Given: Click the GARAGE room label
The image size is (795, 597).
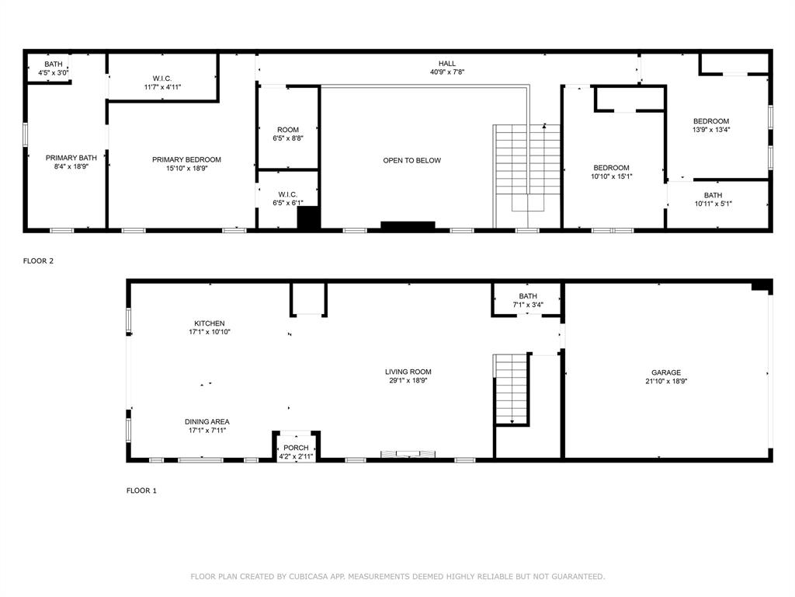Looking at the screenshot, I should pos(665,372).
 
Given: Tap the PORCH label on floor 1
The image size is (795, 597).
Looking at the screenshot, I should pos(296,448).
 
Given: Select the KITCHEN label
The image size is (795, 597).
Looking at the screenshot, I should pos(210,323).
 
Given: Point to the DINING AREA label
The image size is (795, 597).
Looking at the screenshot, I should pos(207,421).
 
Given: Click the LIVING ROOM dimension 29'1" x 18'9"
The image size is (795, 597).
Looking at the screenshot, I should pos(408,381).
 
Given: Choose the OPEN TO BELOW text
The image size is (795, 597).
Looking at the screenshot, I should pos(411,160).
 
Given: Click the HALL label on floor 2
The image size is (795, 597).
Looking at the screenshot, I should pos(447,64).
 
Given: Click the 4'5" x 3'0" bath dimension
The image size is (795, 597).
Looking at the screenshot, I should pos(54,73).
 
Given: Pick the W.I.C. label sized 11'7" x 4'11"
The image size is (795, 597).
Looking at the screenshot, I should pos(162,78).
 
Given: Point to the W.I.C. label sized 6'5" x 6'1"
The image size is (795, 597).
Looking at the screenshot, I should pos(288,194).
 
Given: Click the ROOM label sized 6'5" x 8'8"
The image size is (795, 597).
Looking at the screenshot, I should pos(288,130).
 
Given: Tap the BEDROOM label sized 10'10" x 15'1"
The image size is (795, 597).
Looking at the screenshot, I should pos(611,168).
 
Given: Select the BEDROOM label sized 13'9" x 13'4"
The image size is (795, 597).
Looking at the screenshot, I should pos(711,120).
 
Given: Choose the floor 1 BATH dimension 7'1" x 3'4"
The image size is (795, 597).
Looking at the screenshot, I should pos(528,305).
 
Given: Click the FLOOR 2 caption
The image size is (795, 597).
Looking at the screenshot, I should pos(38,261).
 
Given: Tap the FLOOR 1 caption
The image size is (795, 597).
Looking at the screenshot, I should pos(141,491).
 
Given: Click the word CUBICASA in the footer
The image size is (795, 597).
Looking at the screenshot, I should pos(307,576).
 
